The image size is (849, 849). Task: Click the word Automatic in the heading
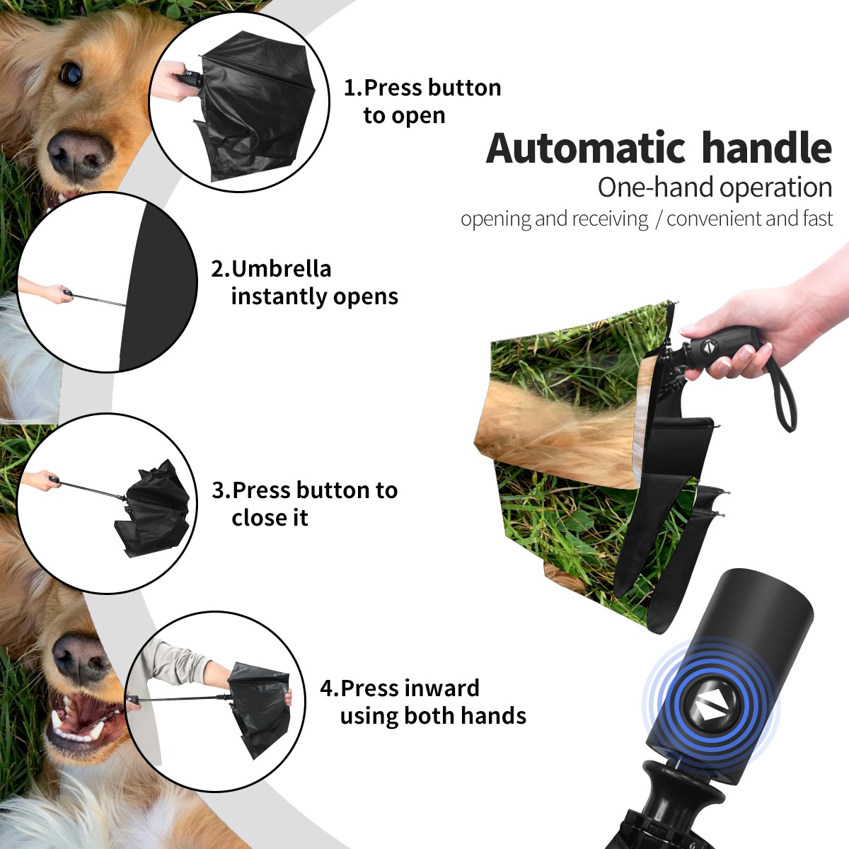[x=586, y=148]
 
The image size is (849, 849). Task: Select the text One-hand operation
[x=715, y=187]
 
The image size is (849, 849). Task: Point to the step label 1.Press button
[x=422, y=88]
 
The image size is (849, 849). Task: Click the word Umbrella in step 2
[x=281, y=269]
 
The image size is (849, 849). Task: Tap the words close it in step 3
[x=270, y=518]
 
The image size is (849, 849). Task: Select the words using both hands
[x=433, y=715]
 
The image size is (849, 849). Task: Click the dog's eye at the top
[x=71, y=73]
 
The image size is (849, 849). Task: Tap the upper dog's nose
[x=79, y=154]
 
